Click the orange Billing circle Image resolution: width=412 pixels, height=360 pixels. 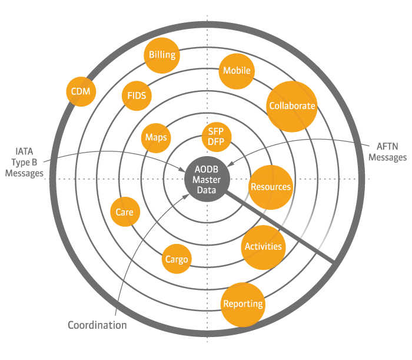pos(162,55)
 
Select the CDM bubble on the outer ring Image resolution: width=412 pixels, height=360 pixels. pos(81,91)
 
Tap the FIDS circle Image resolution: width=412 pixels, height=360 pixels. pos(137,95)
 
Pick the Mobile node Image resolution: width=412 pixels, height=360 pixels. pos(237,71)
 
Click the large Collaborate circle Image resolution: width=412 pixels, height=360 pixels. pos(291,107)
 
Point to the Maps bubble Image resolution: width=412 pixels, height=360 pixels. pos(156,138)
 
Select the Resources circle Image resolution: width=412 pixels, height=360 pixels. pos(270,187)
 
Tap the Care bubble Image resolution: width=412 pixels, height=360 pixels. pos(125,212)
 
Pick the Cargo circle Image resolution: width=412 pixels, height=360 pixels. pos(177,259)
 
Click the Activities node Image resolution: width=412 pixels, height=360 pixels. pos(263,247)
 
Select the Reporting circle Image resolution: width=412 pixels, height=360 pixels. pos(242,305)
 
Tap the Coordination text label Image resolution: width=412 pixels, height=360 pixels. pos(97,325)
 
